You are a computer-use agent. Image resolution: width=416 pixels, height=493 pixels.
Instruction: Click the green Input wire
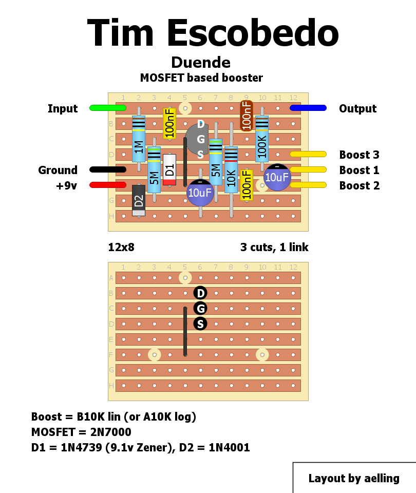pos(107,108)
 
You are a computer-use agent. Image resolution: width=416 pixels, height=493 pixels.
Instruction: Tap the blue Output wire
pos(308,108)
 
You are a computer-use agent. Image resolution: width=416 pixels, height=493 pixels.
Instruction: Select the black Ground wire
pos(107,169)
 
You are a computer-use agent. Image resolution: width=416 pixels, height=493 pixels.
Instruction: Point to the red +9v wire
pos(107,185)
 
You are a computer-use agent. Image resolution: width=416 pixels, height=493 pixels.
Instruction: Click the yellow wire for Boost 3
pos(308,154)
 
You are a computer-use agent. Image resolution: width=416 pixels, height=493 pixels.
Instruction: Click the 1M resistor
pos(139,139)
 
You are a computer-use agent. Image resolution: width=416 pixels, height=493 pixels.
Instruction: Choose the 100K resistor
pos(262,139)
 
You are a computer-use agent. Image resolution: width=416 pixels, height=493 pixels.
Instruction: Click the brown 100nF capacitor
pos(247,116)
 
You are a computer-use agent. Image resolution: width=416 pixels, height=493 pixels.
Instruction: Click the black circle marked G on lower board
pos(200,308)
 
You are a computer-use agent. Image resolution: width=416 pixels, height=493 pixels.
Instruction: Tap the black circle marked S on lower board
pos(200,324)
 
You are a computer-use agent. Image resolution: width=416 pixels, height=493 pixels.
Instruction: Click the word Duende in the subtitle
pos(201,63)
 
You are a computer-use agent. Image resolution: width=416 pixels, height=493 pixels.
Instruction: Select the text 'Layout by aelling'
pos(354,478)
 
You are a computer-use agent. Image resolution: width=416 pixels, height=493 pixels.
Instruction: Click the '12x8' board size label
pos(121,247)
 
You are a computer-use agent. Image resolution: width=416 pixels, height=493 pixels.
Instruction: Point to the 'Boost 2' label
pos(360,185)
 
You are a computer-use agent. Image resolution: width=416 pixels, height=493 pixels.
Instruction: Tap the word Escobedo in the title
pos(253,33)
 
